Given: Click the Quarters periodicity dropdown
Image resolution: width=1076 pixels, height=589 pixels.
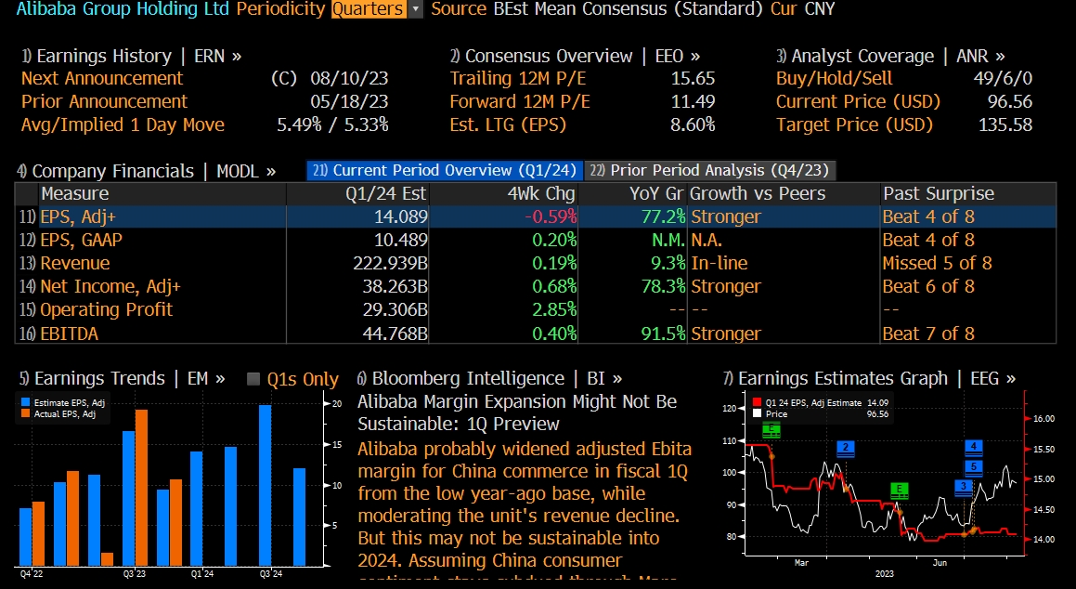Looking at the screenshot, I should pyautogui.click(x=376, y=9).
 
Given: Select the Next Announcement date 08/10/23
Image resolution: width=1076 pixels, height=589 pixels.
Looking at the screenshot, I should pyautogui.click(x=354, y=79).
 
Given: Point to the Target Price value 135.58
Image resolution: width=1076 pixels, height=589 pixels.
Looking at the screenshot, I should pyautogui.click(x=1005, y=125).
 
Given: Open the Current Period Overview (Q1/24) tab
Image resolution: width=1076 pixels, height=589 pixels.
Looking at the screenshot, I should pyautogui.click(x=445, y=170).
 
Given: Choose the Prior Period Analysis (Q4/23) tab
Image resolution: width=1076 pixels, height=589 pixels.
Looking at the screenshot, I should pyautogui.click(x=710, y=170).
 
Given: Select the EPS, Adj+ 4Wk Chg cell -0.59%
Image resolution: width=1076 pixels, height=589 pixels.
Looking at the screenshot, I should pyautogui.click(x=550, y=216).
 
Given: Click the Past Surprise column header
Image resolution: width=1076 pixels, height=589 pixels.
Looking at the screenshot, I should pyautogui.click(x=938, y=193).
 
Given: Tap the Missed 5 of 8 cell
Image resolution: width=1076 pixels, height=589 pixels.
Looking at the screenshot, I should pyautogui.click(x=936, y=264).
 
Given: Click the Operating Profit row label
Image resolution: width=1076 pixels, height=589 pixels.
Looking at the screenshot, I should pyautogui.click(x=106, y=310).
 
